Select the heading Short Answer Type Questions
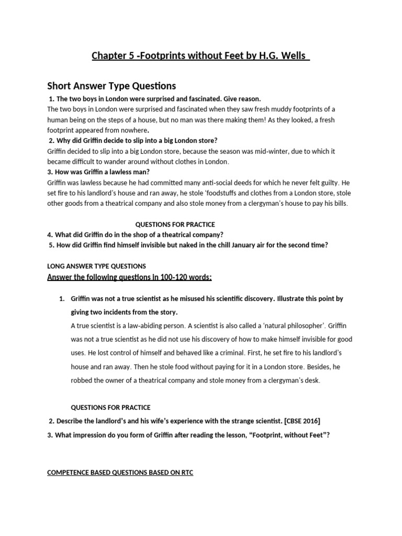111,85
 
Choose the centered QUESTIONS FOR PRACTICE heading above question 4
175,225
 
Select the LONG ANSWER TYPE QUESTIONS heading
96,266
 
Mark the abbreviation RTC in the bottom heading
186,473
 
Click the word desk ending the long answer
309,381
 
